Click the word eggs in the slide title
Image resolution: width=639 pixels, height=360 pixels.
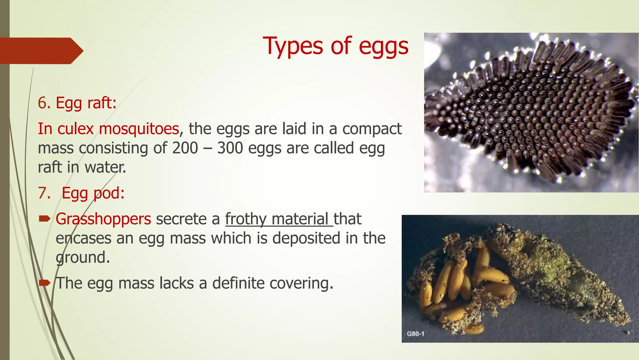click(x=383, y=47)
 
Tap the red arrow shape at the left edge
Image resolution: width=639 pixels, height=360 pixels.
click(x=41, y=51)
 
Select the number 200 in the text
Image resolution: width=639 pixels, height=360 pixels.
click(x=185, y=148)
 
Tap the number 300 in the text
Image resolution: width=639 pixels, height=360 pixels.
click(x=230, y=148)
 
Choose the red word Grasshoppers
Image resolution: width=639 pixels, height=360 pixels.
click(x=103, y=219)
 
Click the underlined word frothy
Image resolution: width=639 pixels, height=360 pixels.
click(x=246, y=219)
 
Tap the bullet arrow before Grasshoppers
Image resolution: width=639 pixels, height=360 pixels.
click(x=45, y=219)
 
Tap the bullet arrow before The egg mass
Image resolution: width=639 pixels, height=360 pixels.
click(x=45, y=283)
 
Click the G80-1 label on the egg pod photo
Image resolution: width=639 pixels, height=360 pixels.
click(x=416, y=334)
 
